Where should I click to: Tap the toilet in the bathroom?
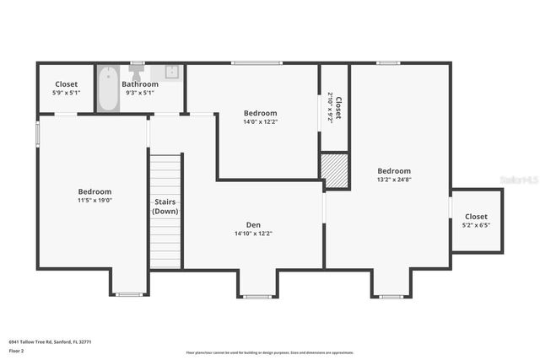(134, 72)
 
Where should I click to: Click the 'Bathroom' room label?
(140, 84)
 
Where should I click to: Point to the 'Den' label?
(253, 224)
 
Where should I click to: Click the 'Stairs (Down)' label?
(165, 207)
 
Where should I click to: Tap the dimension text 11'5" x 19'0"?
(94, 201)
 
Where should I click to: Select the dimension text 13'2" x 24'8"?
(394, 180)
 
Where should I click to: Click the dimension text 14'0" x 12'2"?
(260, 121)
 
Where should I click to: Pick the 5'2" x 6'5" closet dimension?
(476, 225)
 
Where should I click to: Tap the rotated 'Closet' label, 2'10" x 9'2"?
(335, 107)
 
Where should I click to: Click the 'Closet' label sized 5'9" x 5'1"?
(67, 84)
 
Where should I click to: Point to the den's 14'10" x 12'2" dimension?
(253, 234)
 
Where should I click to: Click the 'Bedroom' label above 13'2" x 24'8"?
(394, 170)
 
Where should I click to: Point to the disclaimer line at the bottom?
(270, 352)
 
